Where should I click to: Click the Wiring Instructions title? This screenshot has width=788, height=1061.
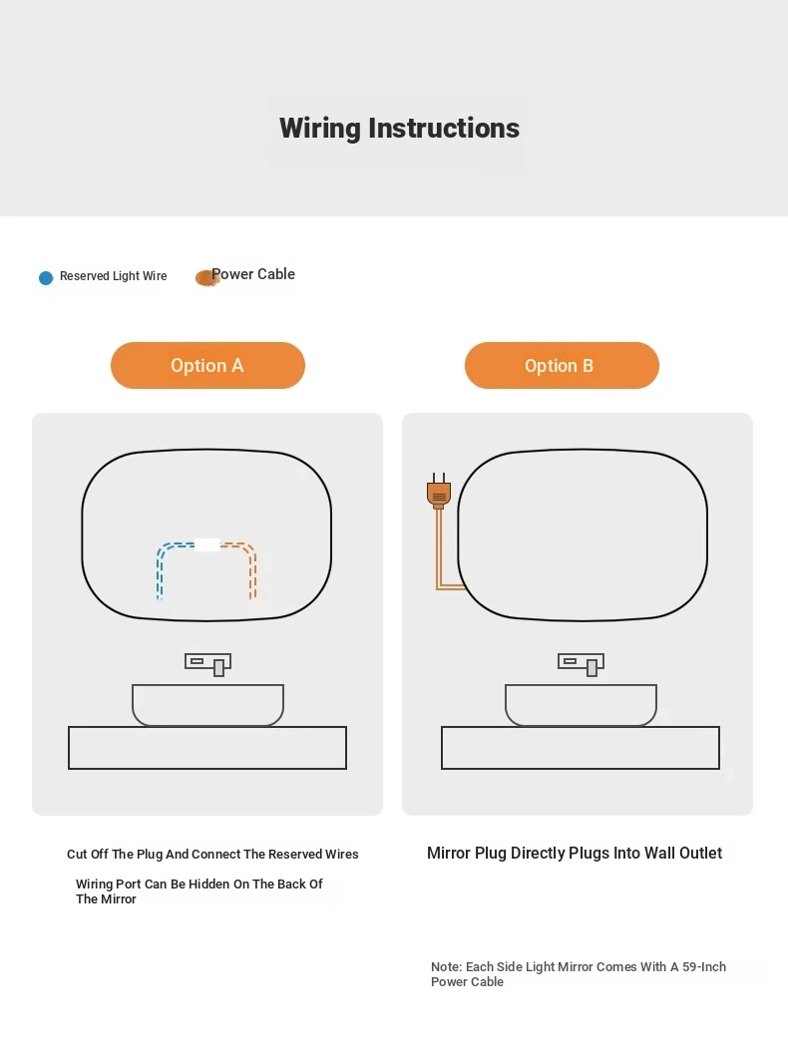pyautogui.click(x=399, y=128)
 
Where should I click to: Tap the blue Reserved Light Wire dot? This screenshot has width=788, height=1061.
pyautogui.click(x=46, y=278)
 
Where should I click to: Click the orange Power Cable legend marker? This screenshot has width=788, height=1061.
pyautogui.click(x=205, y=277)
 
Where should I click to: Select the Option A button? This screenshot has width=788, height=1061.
pyautogui.click(x=207, y=365)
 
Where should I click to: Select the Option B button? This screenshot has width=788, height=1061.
pyautogui.click(x=562, y=365)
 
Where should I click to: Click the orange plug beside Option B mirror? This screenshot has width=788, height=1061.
pyautogui.click(x=439, y=492)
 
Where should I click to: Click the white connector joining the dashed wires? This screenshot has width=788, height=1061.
pyautogui.click(x=207, y=544)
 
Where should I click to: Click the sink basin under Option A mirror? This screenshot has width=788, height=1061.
pyautogui.click(x=207, y=705)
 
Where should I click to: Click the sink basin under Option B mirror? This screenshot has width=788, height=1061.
pyautogui.click(x=581, y=705)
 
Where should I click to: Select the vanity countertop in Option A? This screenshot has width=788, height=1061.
pyautogui.click(x=207, y=748)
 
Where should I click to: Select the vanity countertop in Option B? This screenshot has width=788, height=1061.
pyautogui.click(x=581, y=748)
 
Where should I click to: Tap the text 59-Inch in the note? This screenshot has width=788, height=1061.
pyautogui.click(x=704, y=967)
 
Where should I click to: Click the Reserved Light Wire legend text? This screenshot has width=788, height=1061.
pyautogui.click(x=113, y=276)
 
